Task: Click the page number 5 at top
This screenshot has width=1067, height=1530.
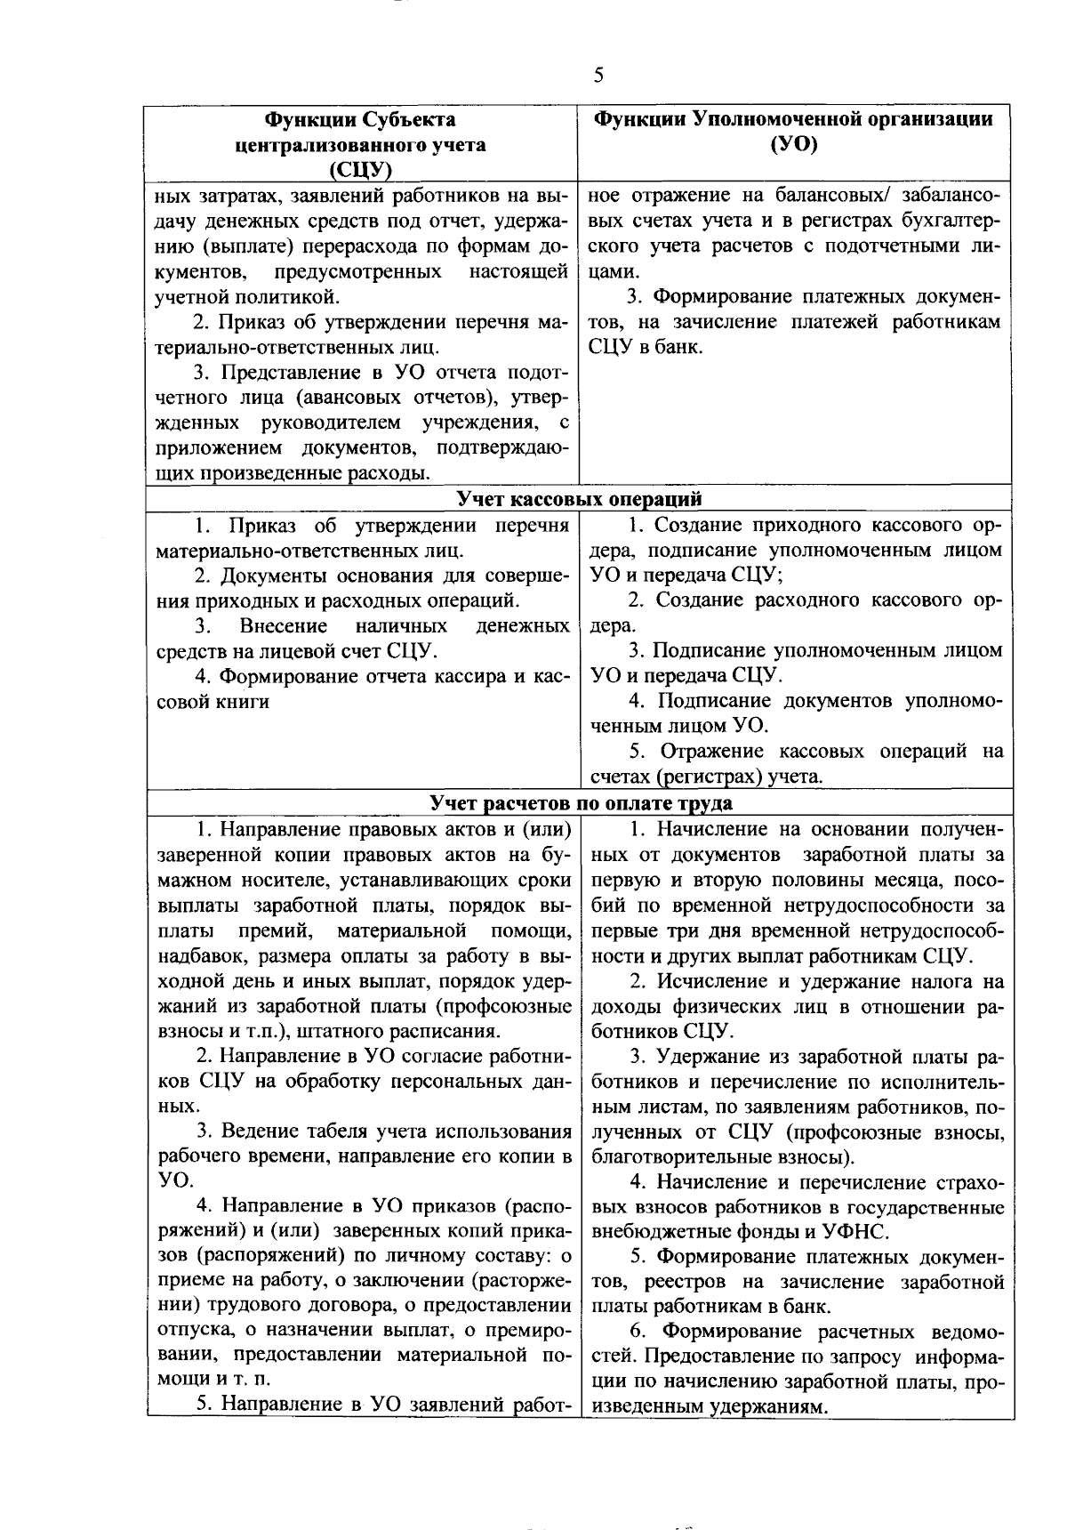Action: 598,76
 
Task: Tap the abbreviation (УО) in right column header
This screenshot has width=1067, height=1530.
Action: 794,144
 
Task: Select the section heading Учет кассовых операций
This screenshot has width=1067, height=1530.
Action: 579,498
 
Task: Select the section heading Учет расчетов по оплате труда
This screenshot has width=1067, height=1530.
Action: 581,803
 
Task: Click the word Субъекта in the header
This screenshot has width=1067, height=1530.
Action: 410,119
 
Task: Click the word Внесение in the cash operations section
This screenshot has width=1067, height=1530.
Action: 284,626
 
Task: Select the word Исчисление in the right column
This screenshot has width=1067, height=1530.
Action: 710,982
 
